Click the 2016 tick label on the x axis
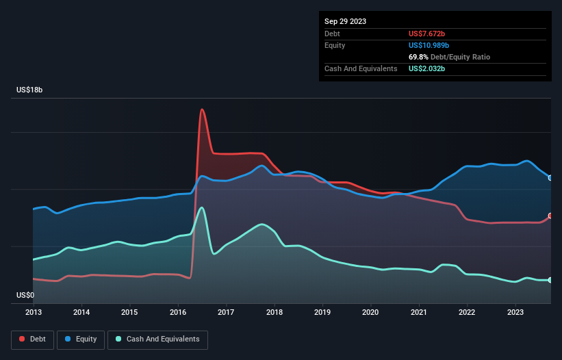178,312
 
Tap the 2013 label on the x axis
34,312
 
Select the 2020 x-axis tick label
371,312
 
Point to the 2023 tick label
515,312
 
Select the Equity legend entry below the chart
81,339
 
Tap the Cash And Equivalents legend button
157,339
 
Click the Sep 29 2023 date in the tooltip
346,21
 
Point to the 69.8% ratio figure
418,57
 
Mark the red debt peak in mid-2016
202,110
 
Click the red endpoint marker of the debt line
550,216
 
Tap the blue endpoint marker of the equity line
550,178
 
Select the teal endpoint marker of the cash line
550,280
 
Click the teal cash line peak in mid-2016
201,207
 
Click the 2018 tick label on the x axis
274,312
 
